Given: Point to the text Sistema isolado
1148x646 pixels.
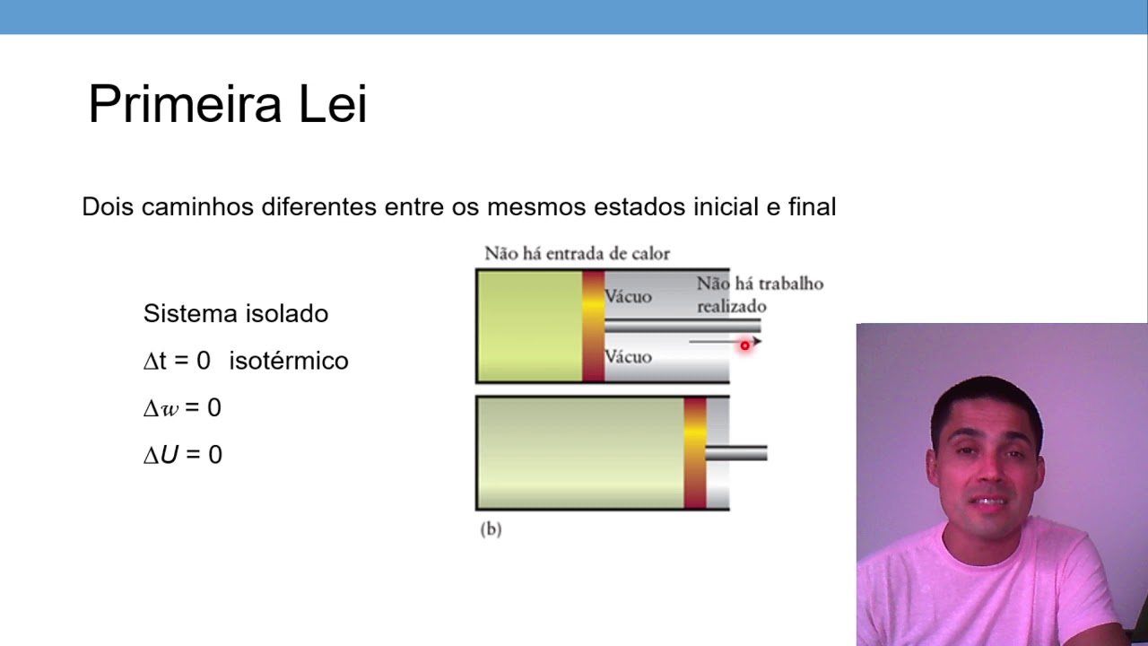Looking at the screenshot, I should tap(236, 314).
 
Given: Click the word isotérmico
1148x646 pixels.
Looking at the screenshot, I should tap(288, 361).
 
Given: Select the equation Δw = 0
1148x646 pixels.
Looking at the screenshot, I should tap(182, 408).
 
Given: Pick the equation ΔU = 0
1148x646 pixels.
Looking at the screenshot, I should tap(182, 455).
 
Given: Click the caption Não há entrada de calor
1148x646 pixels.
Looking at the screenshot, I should tap(577, 254).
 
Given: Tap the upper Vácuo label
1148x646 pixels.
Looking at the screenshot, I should tap(628, 297).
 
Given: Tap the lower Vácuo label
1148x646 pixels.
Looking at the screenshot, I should tap(628, 357).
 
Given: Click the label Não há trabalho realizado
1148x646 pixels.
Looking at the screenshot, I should tap(759, 294).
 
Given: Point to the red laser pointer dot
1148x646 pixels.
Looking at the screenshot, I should tap(744, 345).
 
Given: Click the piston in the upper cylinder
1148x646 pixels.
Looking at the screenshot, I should tap(593, 326).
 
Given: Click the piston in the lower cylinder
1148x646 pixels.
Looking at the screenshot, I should tap(695, 452).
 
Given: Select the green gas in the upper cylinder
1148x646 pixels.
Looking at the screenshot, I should tap(529, 326).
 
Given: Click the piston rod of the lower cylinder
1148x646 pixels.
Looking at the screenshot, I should tap(737, 453).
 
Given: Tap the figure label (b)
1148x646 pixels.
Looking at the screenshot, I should tap(491, 529).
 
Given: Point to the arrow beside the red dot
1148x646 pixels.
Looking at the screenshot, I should tap(717, 341).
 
